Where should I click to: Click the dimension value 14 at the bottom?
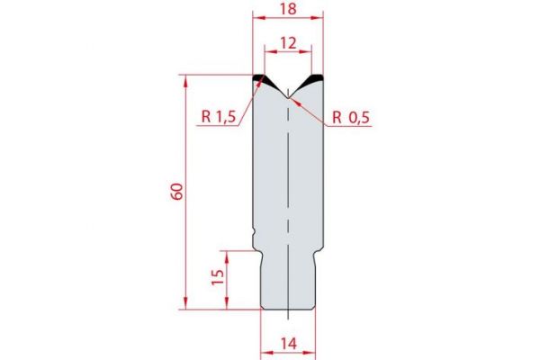coord(287,343)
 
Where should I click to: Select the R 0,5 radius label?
coord(350,116)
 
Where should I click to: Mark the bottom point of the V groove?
coord(287,93)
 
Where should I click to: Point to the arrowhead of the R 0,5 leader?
coord(292,97)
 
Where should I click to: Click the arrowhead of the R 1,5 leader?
coord(264,82)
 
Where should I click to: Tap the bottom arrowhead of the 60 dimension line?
coord(188,305)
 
